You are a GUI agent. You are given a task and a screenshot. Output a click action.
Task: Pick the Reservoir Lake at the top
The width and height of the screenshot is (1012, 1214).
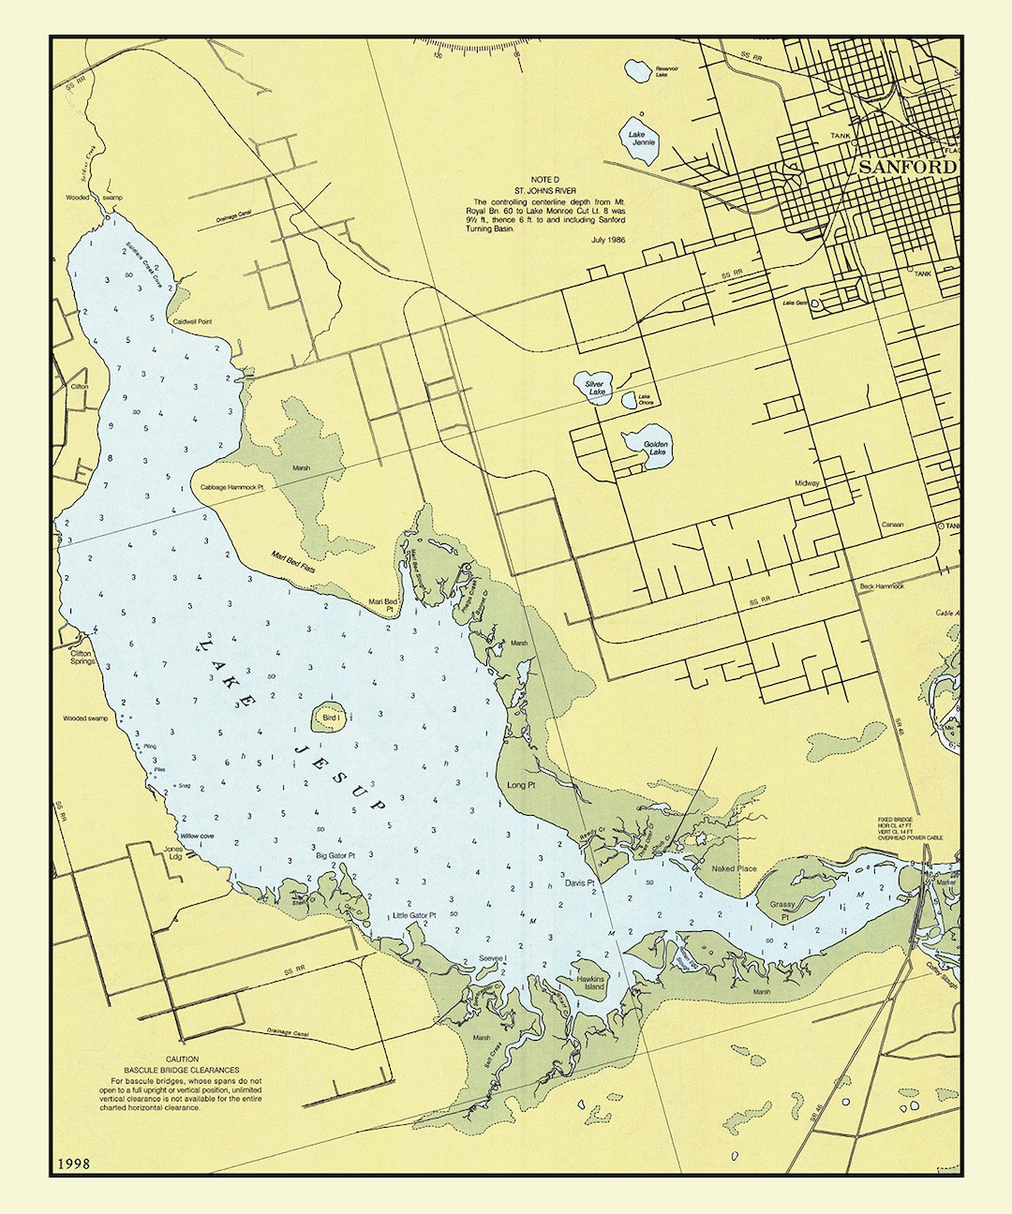[639, 70]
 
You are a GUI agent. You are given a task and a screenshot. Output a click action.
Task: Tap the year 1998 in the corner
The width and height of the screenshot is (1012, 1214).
[73, 1163]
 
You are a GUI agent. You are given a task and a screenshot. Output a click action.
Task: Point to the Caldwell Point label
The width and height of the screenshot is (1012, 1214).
[192, 321]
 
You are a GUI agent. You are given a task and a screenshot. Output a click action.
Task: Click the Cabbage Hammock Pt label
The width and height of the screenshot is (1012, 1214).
[229, 487]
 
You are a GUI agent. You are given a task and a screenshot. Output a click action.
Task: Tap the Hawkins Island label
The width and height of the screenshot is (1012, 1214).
[591, 982]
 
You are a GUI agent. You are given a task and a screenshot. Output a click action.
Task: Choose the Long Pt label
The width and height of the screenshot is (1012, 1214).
[520, 785]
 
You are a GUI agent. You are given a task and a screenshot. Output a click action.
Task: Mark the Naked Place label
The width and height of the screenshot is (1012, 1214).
[734, 868]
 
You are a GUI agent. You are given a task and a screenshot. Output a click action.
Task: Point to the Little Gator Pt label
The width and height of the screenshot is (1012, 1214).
[414, 915]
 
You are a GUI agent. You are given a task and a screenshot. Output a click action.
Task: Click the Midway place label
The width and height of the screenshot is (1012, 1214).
[807, 482]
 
